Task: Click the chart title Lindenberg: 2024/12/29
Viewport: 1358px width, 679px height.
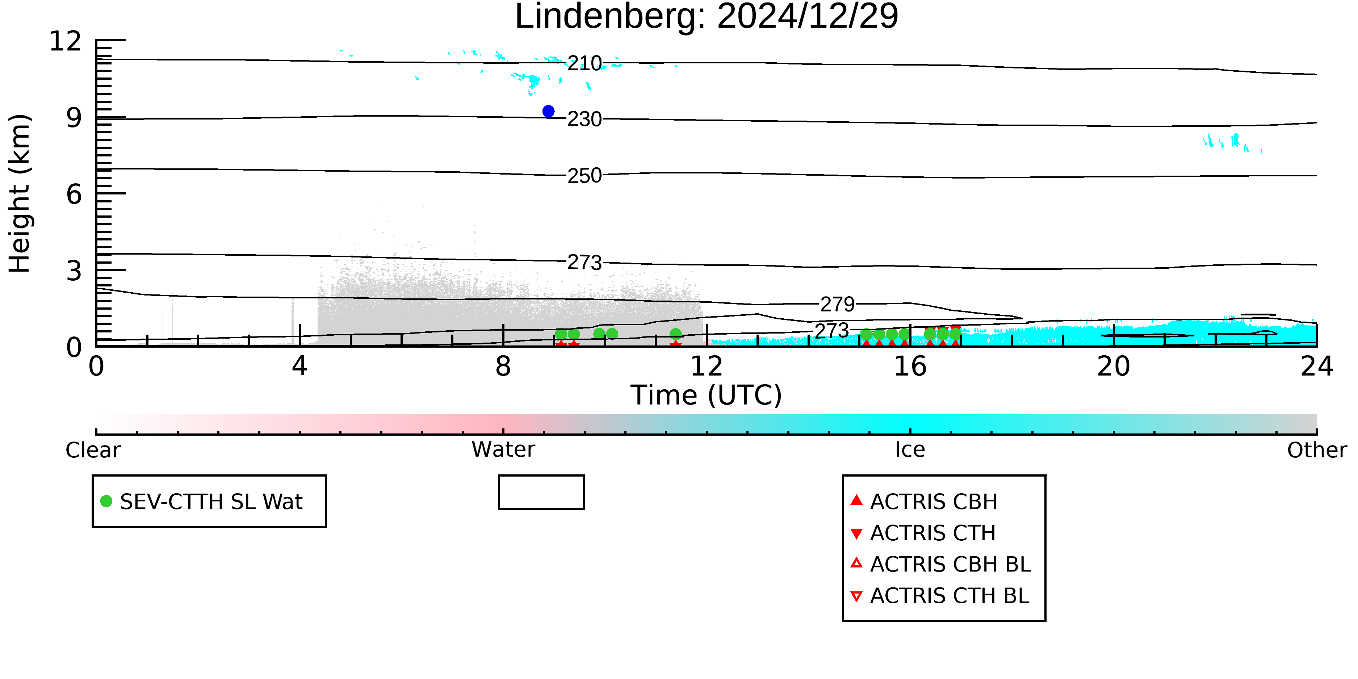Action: [707, 17]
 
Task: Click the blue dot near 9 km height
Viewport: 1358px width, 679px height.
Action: [548, 111]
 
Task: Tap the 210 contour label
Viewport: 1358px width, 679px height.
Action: [584, 63]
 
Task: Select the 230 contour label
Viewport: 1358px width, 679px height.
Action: [584, 119]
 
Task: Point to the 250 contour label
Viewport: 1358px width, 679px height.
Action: [584, 176]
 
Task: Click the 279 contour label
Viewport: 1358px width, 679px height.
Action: [837, 304]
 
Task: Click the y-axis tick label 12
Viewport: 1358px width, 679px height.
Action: [66, 41]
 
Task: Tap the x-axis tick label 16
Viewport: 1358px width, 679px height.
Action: [910, 366]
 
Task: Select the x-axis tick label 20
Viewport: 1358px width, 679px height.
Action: [1114, 366]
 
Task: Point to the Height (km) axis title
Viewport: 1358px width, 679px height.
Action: [20, 193]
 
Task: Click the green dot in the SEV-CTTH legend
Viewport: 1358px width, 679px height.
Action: [106, 501]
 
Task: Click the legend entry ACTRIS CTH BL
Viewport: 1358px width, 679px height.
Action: [940, 596]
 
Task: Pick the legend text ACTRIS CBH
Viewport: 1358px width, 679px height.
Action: [934, 502]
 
